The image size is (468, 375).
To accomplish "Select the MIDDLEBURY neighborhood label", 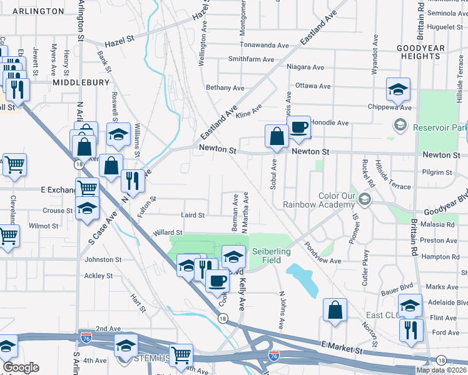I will pos(81,82).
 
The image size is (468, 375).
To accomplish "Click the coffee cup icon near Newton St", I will pos(298,127).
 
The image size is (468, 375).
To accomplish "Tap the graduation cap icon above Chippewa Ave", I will pos(398,89).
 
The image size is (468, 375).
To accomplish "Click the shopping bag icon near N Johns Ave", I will pos(335,310).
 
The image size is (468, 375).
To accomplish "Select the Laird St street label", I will pos(193,215).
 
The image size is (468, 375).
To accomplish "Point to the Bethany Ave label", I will pos(225,88).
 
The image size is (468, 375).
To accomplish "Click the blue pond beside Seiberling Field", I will pos(302,277).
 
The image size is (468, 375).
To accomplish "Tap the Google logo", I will pos(21,367).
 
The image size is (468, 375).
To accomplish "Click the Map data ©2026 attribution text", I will pos(441,370).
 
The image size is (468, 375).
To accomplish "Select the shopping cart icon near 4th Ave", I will pos(181,355).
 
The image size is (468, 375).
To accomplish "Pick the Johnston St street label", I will pos(103,259).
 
